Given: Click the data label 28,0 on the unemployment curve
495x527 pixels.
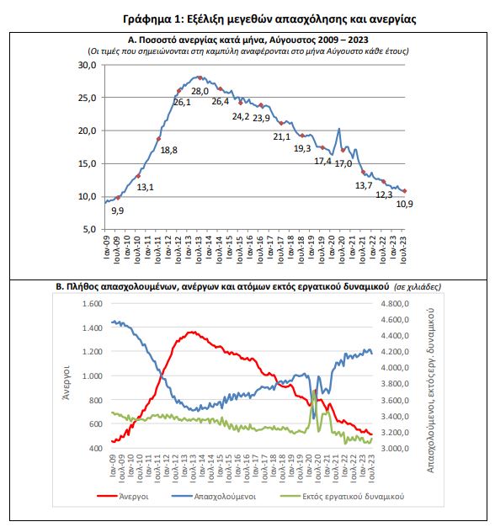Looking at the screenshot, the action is point(200,91).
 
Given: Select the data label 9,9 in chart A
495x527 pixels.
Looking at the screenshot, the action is point(118,210).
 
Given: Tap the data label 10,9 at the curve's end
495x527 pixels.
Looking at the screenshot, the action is point(405,204).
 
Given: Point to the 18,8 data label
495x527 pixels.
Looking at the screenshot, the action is point(168,150).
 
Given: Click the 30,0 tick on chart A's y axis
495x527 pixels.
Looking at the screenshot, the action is point(87,65).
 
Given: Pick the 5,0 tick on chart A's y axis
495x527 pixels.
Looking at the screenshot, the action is point(89,230).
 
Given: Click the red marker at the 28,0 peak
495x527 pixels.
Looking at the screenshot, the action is point(200,78).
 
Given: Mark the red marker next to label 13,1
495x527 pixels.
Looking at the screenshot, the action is point(138,176).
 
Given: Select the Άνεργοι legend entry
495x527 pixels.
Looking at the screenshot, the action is point(123,497).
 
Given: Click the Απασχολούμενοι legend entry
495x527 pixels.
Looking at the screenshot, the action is point(213,497).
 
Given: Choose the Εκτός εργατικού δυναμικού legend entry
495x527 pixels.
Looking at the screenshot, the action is point(342,497).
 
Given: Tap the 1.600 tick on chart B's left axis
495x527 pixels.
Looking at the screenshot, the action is point(93,304).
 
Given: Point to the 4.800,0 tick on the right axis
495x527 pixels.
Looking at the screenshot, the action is point(395,304).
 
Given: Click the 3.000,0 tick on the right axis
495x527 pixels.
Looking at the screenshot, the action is point(395,449).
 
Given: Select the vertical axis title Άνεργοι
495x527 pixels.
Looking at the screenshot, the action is point(67,382).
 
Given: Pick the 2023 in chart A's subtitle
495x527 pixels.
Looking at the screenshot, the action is point(358,40).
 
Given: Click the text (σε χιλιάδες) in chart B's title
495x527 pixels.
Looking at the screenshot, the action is point(418,287).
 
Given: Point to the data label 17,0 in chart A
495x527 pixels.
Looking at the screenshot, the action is point(343,163).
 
